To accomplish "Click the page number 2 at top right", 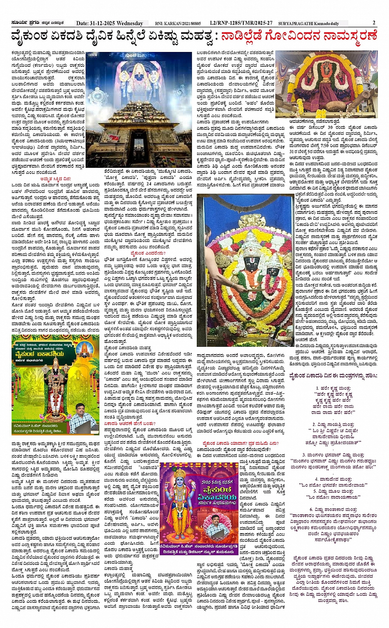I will [x=374, y=23].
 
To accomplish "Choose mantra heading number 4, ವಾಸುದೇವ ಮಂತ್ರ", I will [x=333, y=479].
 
